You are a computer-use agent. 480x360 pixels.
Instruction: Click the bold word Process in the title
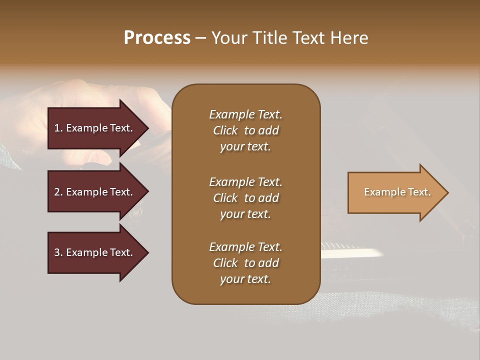157,38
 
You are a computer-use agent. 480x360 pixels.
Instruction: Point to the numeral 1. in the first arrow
58,128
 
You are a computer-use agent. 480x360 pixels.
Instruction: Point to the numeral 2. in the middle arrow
58,192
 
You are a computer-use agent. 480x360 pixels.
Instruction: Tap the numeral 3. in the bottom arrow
58,252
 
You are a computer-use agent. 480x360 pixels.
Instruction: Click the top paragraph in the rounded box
245,130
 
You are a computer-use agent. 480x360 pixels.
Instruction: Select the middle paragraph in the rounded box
245,197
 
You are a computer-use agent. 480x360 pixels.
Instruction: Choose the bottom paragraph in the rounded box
245,263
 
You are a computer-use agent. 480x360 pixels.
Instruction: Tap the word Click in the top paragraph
225,130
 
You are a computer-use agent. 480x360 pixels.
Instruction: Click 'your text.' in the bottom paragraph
245,279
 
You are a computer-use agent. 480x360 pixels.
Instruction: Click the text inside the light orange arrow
397,192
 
